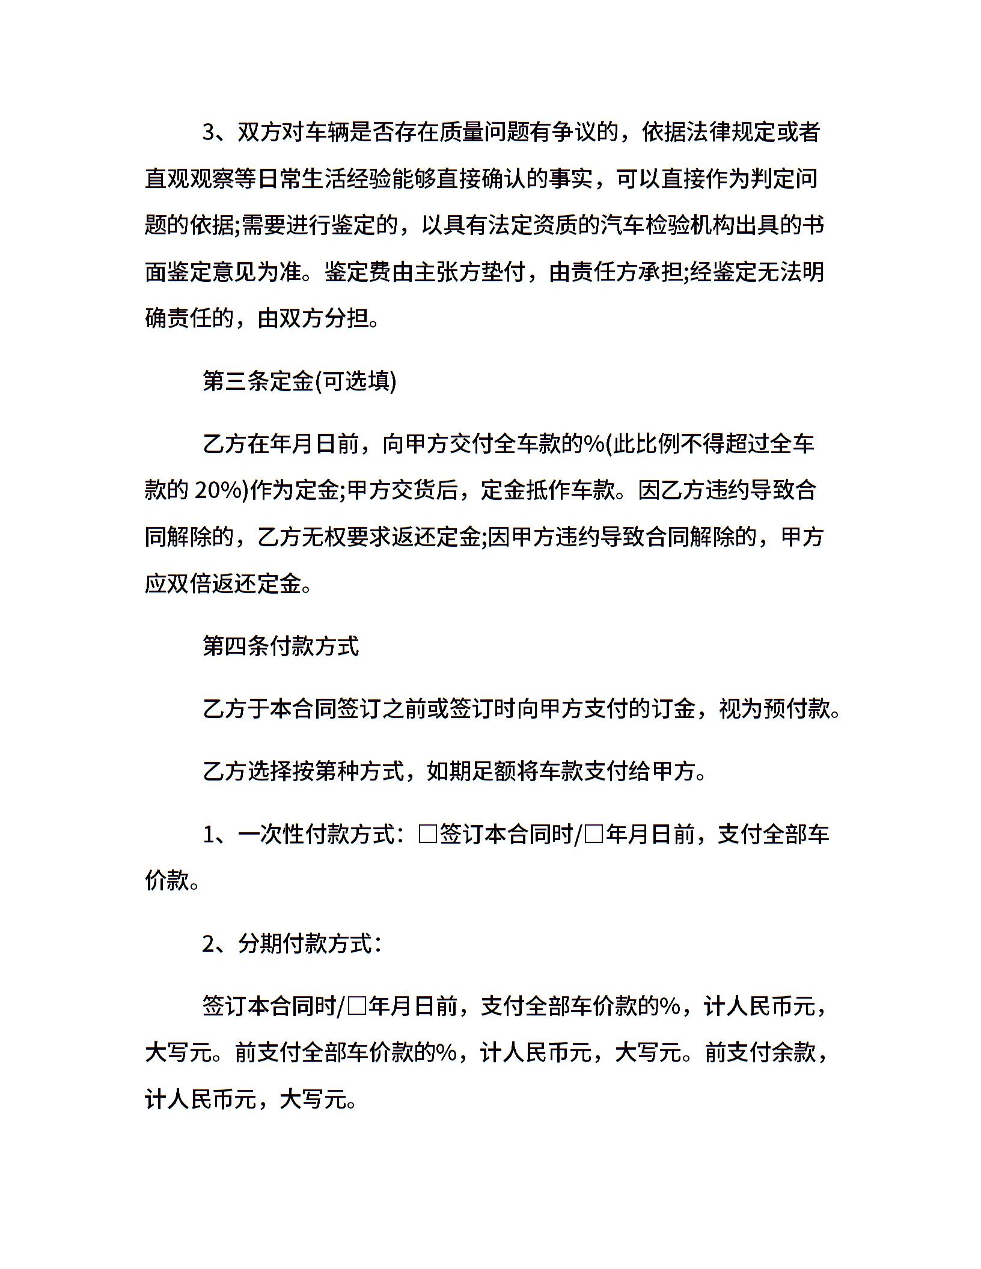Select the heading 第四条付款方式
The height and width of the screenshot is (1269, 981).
click(281, 646)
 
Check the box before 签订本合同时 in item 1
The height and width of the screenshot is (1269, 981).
click(428, 835)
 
